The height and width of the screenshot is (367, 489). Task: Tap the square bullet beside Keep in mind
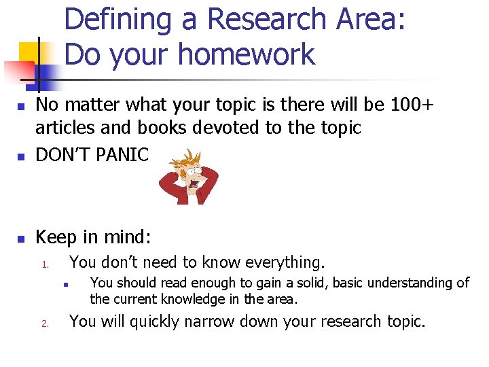21,239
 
